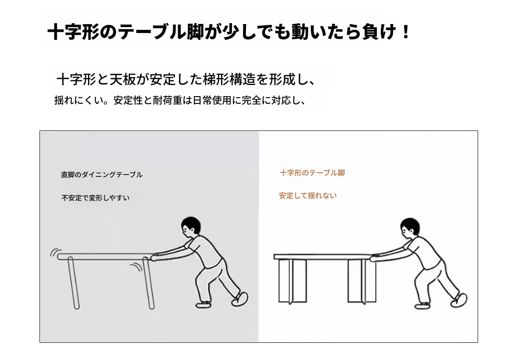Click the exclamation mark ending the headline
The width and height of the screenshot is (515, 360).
pos(406,32)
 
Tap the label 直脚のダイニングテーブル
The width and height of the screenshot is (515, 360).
pos(102,175)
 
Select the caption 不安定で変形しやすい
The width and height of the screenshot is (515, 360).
pos(95,198)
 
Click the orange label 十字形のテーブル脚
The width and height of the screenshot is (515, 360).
pos(312,173)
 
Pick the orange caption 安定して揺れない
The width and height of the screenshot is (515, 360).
pos(308,196)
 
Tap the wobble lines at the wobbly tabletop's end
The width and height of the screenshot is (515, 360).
pos(55,252)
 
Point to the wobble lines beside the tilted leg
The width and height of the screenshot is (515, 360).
pos(136,267)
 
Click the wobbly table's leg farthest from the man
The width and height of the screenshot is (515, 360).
pos(73,283)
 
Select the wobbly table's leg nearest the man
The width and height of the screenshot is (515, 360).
pos(148,283)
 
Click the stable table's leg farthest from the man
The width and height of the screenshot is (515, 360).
pos(292,281)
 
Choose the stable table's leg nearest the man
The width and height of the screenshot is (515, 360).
pos(362,281)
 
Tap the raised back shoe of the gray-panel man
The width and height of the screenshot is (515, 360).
pos(239,299)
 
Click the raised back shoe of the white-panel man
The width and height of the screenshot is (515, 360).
pos(459,300)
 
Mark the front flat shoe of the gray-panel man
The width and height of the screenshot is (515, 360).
pos(203,305)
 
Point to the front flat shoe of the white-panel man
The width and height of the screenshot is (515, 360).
pos(422,306)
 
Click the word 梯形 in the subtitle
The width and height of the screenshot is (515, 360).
pos(216,79)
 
